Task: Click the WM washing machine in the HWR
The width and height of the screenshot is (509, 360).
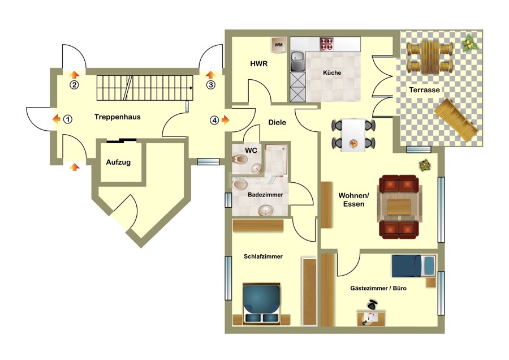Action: [x=278, y=45]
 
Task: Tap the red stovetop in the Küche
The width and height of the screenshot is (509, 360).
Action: [x=326, y=44]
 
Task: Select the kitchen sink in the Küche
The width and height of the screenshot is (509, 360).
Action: [x=296, y=61]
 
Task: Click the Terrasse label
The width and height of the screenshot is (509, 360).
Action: [x=424, y=89]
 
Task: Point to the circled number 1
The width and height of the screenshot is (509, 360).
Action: [x=67, y=119]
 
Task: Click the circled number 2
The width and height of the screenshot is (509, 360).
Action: [x=74, y=85]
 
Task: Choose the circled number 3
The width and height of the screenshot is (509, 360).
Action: [x=211, y=85]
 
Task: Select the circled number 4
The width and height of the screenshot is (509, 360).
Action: [x=214, y=120]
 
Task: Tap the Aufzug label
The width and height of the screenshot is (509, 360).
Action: [x=119, y=162]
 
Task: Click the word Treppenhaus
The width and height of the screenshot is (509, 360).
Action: [x=118, y=117]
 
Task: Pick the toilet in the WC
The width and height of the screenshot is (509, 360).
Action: [x=240, y=159]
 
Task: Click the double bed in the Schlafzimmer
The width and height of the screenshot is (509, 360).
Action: [x=261, y=304]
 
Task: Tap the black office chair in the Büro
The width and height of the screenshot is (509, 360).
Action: [x=372, y=305]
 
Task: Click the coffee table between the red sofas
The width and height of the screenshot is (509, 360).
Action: [x=399, y=207]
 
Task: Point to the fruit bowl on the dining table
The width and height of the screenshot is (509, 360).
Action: [x=353, y=143]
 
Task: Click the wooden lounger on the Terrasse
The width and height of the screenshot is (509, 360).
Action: [x=456, y=119]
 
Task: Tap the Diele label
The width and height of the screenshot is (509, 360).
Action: [x=277, y=122]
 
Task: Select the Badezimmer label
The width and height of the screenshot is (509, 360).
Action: [x=265, y=195]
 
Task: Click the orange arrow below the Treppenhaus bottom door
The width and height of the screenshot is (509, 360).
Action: [x=75, y=167]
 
